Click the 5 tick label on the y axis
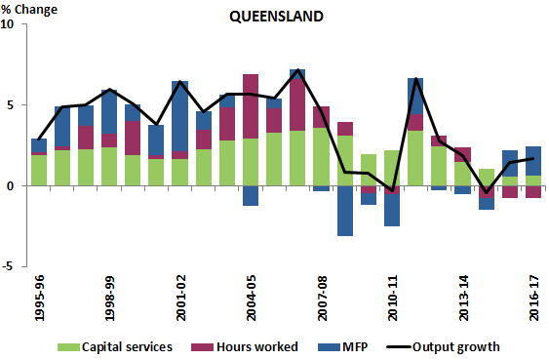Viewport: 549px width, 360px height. coord(11,104)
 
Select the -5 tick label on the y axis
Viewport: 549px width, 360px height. coord(8,265)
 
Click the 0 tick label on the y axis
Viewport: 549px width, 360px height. coord(11,185)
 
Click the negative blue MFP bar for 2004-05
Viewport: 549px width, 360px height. coord(251,195)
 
